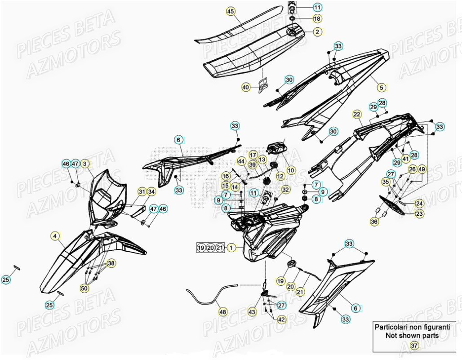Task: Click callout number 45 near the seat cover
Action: (x=231, y=12)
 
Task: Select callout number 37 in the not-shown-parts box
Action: (x=414, y=345)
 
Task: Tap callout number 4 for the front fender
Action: (x=84, y=164)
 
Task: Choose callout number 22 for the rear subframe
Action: (x=357, y=115)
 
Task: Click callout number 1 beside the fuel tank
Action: (x=231, y=247)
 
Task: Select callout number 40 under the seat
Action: (x=246, y=87)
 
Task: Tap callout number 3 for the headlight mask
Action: (x=84, y=164)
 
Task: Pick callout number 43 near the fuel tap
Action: (x=252, y=311)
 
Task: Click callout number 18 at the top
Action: (x=317, y=19)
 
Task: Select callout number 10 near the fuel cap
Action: (x=291, y=170)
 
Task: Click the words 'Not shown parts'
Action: (x=412, y=335)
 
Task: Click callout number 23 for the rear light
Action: (x=419, y=214)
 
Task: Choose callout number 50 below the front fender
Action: (x=84, y=289)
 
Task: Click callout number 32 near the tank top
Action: (x=286, y=190)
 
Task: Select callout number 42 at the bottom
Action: (x=281, y=320)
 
